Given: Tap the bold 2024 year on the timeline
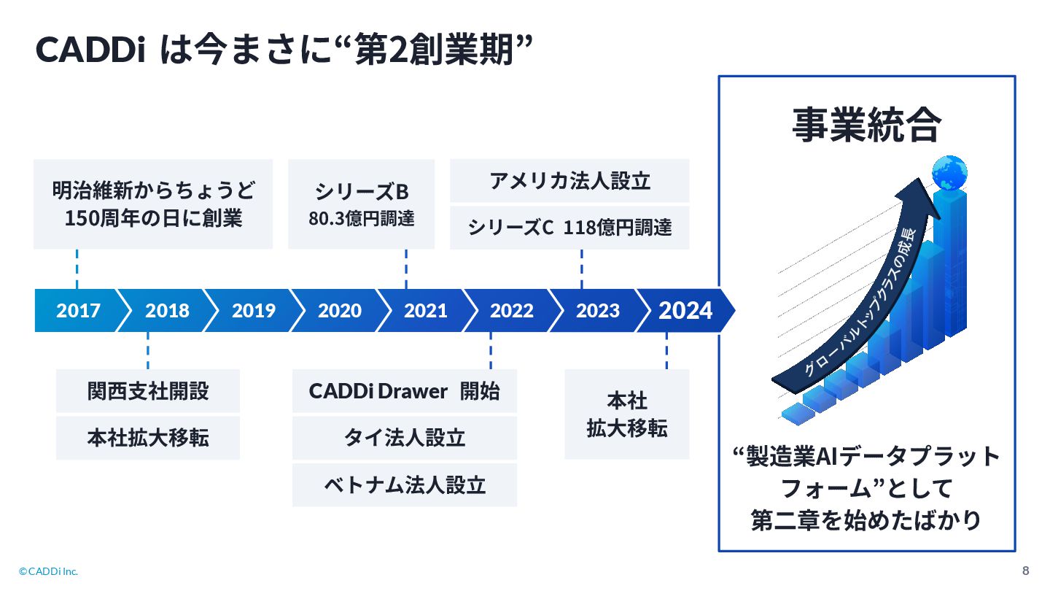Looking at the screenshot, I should click(685, 311).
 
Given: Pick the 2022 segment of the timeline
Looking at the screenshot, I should click(511, 311).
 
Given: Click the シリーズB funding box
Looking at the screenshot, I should click(362, 204).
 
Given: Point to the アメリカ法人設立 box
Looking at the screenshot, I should click(569, 180).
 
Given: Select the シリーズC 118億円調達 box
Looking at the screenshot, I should click(569, 228).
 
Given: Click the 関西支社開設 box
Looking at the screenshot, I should click(148, 391).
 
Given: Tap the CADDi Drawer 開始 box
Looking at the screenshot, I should click(405, 391).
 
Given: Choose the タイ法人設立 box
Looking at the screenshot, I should click(405, 438).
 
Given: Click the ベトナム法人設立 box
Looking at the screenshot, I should click(405, 484).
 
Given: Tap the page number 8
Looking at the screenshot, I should click(1026, 571).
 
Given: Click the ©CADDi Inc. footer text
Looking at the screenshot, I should click(48, 571).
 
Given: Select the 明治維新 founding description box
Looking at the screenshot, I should click(153, 204).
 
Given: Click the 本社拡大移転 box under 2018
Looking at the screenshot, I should click(148, 438).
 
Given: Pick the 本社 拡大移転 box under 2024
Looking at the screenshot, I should click(627, 414).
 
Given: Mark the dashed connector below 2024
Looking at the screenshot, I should click(666, 351).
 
